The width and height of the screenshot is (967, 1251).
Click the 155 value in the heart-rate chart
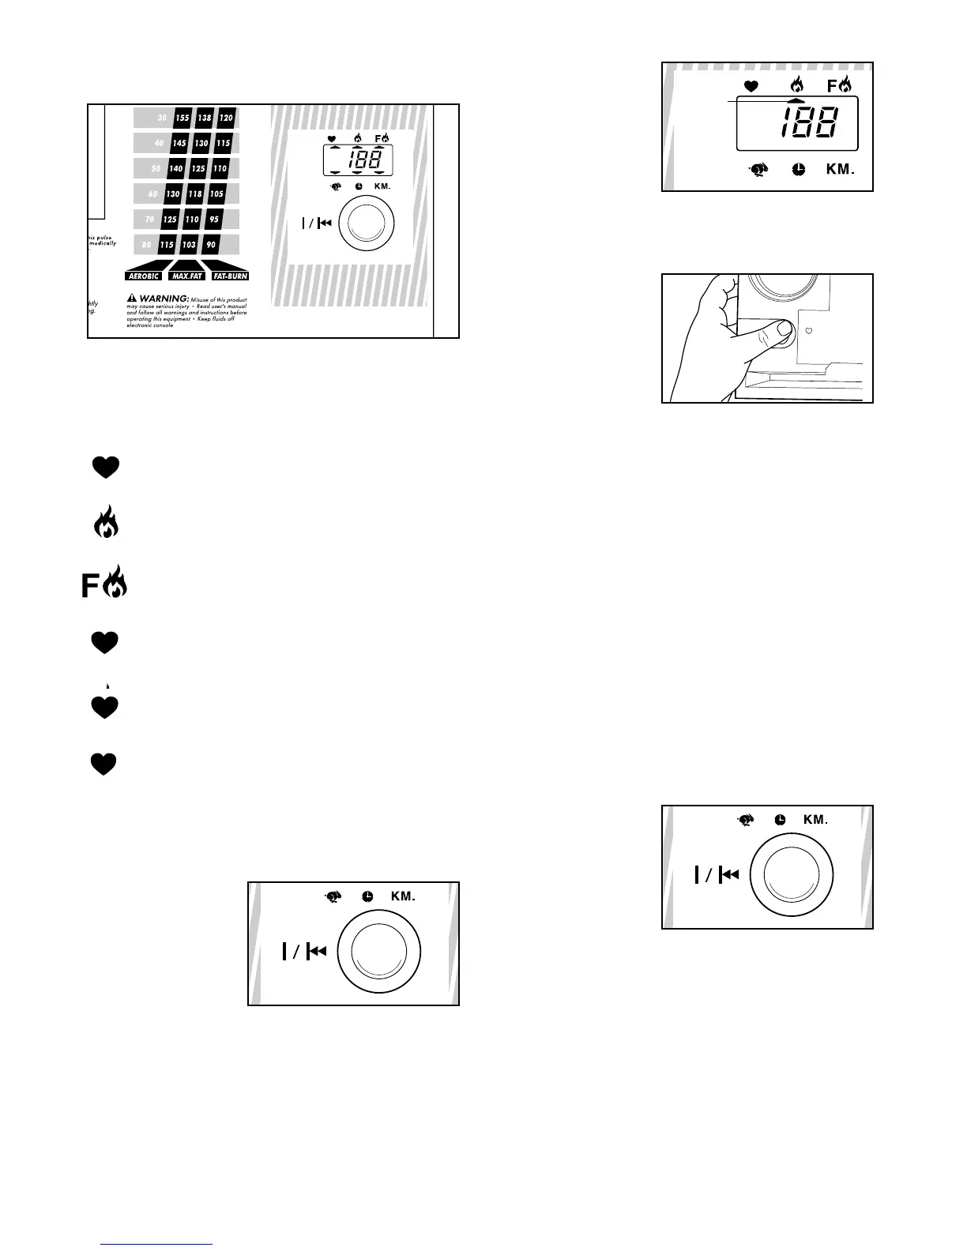pos(182,118)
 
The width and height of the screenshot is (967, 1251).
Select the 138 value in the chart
pos(205,118)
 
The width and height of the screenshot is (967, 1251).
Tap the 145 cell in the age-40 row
pos(179,143)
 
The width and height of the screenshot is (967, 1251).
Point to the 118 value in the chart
pos(194,193)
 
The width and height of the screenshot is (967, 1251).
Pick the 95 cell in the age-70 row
pos(214,219)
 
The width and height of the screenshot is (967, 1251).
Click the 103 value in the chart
pos(189,245)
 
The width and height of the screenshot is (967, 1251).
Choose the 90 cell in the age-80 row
pos(211,245)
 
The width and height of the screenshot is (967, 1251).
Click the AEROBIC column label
pos(144,276)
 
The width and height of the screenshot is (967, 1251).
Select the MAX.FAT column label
pos(186,276)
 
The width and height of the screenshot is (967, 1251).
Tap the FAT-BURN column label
pos(231,276)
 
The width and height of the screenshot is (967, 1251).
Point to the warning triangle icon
pos(132,299)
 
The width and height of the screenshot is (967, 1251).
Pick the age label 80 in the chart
pos(146,245)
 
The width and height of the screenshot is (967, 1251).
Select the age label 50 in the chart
pos(156,168)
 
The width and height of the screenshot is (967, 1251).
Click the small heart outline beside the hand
pos(808,332)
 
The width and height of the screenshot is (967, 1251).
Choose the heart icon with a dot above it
pos(105,705)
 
